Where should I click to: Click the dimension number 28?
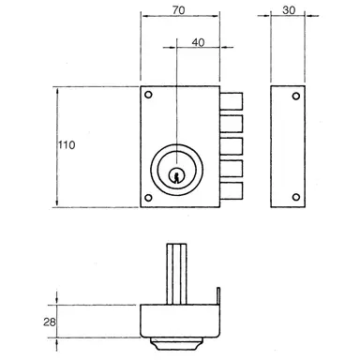(x=36, y=323)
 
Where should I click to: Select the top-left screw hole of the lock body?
(x=147, y=96)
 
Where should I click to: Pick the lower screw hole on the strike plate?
(x=294, y=196)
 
